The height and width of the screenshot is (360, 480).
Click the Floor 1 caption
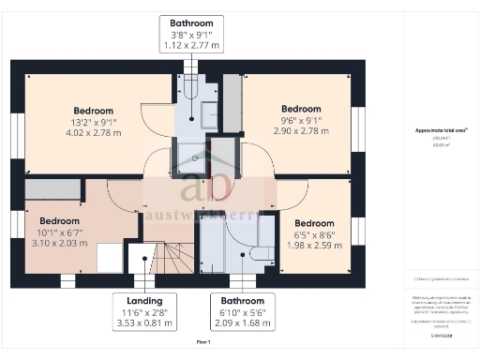tap(203, 343)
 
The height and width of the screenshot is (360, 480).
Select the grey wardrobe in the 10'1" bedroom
tap(52, 188)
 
